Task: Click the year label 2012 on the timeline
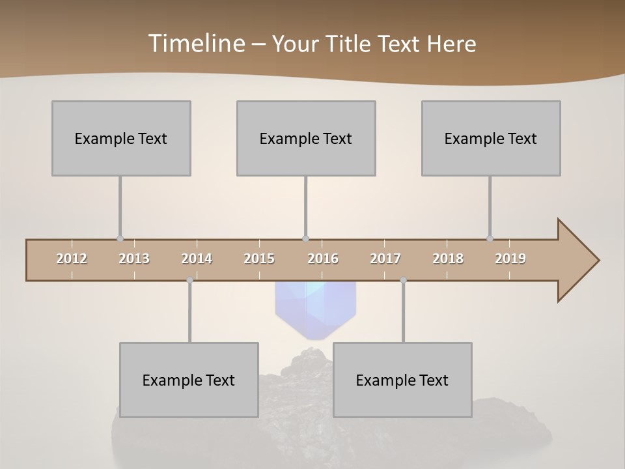point(72,259)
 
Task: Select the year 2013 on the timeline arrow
point(134,259)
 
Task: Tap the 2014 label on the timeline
point(197,259)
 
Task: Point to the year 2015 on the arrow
point(259,259)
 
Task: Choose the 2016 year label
point(323,259)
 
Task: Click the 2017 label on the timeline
point(385,259)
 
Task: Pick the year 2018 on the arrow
point(448,259)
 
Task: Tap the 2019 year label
point(510,259)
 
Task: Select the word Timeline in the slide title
point(196,44)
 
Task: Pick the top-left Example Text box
point(121,138)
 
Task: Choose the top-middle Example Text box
point(306,138)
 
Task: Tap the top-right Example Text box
point(491,138)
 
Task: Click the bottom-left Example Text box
point(189,380)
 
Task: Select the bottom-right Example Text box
point(402,380)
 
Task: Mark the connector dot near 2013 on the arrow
point(120,239)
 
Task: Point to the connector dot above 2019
point(490,238)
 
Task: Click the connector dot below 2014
point(189,280)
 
